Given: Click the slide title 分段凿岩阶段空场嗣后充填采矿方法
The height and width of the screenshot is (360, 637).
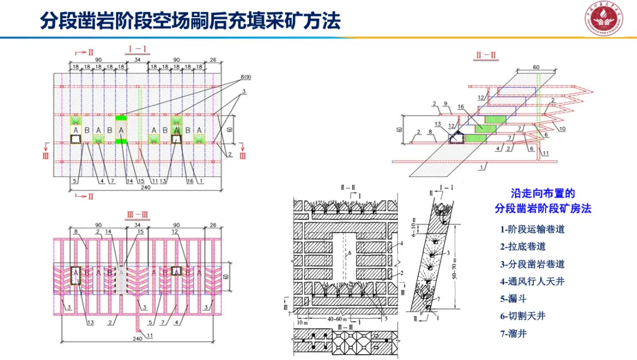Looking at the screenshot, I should point(190,22).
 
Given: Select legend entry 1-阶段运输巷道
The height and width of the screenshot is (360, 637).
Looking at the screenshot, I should point(532,229).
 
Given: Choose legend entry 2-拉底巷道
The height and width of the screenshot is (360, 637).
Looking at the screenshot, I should point(523,246).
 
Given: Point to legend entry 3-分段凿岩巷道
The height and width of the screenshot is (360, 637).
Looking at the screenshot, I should point(532,264).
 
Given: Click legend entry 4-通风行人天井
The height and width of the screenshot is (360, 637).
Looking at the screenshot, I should point(532,281).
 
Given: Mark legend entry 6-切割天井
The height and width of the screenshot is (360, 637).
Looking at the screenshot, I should point(523,316).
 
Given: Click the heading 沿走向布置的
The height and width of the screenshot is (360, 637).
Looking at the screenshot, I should point(542,193).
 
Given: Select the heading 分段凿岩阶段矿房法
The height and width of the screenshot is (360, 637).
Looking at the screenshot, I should point(542,208).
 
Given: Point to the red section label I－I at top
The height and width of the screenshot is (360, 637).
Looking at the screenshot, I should point(137,50).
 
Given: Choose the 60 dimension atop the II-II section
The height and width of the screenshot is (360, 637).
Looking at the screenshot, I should point(536,68).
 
